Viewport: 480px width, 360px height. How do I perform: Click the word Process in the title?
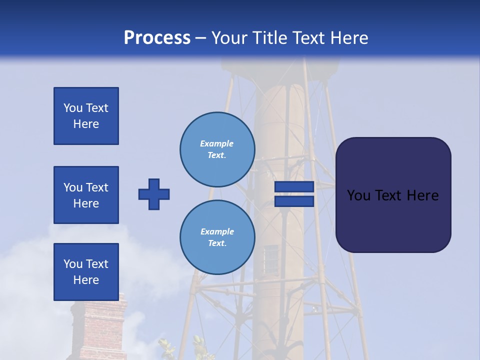(x=157, y=38)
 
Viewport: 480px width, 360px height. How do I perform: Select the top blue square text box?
(x=86, y=116)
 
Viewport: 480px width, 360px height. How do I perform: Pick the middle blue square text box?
(x=86, y=195)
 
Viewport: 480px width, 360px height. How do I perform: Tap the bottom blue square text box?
(x=86, y=271)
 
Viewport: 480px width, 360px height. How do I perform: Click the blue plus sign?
(x=154, y=194)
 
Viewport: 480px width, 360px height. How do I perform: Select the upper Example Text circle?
(x=217, y=149)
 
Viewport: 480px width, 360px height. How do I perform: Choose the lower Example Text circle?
(x=217, y=237)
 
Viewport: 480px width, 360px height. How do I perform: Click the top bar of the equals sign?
(x=294, y=187)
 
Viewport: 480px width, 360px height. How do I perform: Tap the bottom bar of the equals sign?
(x=294, y=201)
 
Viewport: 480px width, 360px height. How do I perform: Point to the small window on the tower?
(x=271, y=258)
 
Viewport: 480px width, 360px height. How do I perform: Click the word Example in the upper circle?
(x=216, y=143)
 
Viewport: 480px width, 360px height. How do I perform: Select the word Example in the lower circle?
(x=217, y=231)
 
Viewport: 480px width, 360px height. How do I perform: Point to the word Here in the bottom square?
(x=86, y=280)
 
